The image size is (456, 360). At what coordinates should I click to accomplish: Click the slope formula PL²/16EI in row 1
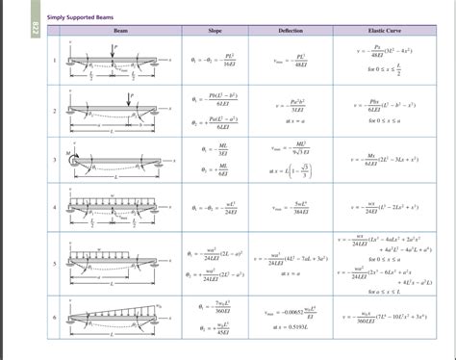[x=215, y=64]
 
